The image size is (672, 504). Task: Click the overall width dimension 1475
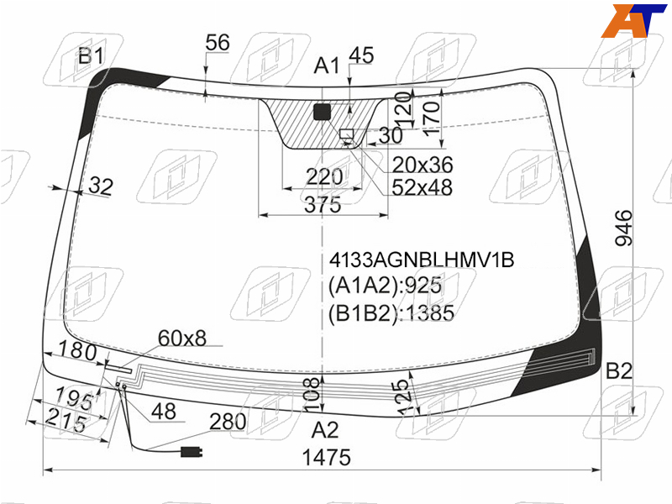click(327, 457)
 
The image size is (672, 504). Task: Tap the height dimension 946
click(624, 228)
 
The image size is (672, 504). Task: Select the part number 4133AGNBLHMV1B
click(422, 260)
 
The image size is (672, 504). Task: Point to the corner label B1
click(91, 56)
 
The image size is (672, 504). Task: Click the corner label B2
click(619, 370)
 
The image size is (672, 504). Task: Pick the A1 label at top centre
click(327, 66)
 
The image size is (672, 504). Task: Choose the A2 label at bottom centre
click(325, 429)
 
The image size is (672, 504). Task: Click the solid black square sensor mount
click(323, 112)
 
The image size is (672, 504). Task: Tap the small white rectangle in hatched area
click(347, 134)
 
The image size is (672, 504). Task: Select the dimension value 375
click(323, 205)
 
